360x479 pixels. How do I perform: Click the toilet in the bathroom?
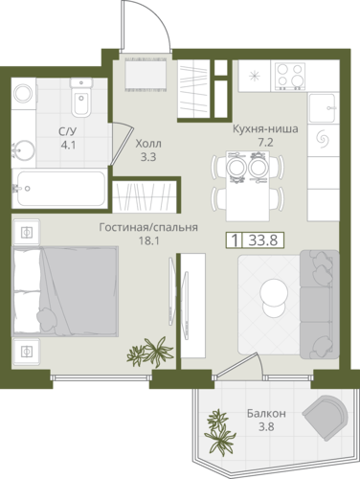coord(81,98)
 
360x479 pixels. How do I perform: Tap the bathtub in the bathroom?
coord(59,189)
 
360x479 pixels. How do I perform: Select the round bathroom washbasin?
coord(24,150)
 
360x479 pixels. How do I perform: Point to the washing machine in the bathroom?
coord(24,93)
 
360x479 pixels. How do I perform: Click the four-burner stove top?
coord(289,77)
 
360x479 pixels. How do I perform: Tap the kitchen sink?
coord(323,108)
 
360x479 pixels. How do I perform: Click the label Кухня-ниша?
coord(265,129)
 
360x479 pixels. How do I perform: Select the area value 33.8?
coord(263,240)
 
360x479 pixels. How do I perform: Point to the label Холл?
coord(148,144)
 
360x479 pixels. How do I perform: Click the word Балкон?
coord(266,414)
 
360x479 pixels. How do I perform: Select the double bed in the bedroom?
coord(65,291)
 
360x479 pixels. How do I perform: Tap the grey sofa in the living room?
coord(319,304)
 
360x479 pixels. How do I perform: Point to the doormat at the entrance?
coord(146,74)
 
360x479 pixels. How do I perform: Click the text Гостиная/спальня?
coord(148,227)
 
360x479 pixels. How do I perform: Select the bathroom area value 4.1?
coord(68,146)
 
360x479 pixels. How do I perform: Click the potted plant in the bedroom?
coord(150,352)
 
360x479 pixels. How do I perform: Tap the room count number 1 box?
coord(235,240)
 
